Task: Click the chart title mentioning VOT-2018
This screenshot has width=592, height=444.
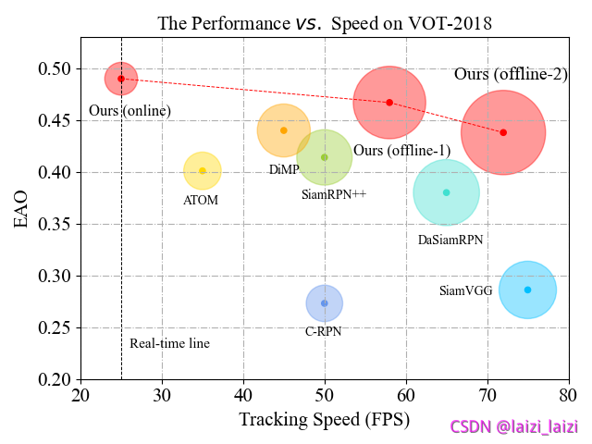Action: point(324,22)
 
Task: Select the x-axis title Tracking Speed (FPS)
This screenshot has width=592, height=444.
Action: point(324,419)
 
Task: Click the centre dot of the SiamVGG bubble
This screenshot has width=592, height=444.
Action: point(527,290)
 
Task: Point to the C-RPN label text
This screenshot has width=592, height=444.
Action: point(324,331)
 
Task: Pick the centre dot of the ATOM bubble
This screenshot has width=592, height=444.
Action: point(203,170)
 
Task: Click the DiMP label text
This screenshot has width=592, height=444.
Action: point(284,169)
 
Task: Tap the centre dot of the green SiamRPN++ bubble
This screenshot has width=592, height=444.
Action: point(324,156)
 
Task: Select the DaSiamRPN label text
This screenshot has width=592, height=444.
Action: point(450,240)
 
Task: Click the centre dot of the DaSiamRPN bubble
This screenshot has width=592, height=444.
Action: point(446,192)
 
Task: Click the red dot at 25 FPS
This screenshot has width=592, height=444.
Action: point(121,79)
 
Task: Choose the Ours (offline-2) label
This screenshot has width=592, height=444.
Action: point(511,74)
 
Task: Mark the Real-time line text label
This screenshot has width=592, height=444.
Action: point(169,343)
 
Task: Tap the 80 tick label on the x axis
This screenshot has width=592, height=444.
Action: point(568,396)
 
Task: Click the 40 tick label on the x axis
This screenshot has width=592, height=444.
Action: point(243,396)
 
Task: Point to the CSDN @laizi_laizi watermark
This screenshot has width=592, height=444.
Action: point(513,427)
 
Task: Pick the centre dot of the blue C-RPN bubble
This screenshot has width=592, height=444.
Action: point(324,302)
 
